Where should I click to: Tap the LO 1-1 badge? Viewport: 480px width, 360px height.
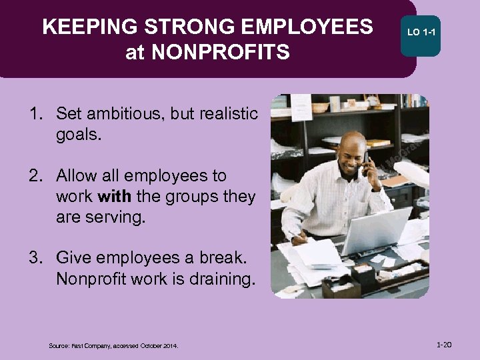coord(421,31)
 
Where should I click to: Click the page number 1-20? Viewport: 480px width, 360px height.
coord(444,345)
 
